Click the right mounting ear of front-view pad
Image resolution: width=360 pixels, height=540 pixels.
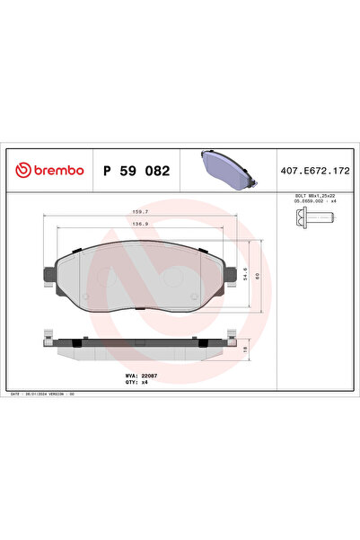click(x=233, y=271)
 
